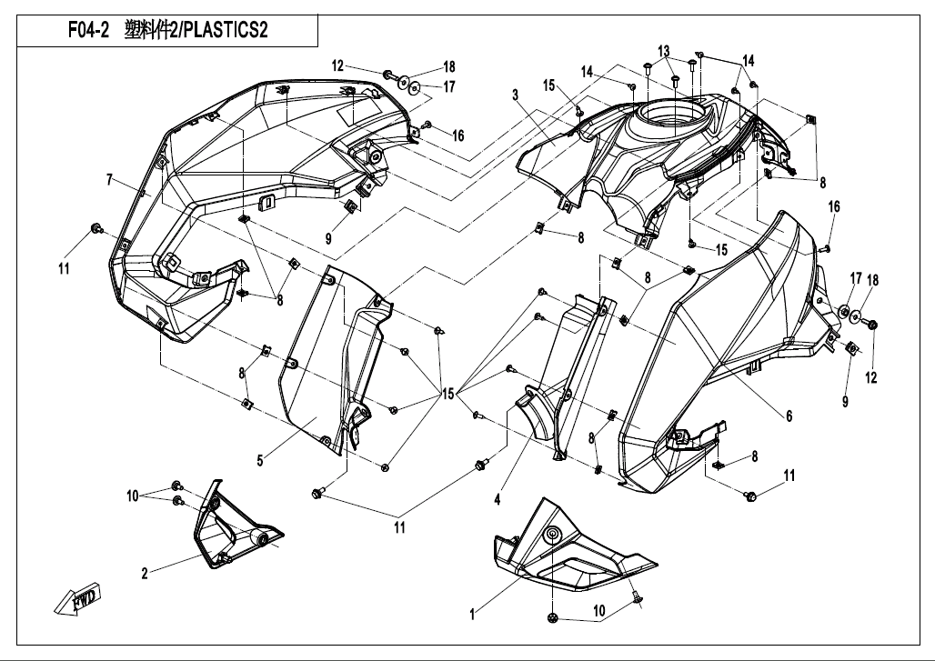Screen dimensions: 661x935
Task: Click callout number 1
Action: [x=473, y=616]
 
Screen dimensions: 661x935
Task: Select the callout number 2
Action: [x=144, y=573]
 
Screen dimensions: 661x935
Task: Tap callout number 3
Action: [x=515, y=95]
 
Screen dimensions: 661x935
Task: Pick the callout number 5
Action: [x=260, y=461]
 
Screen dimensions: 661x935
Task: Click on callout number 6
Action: [x=789, y=416]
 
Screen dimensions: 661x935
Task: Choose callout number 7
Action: [x=109, y=180]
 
